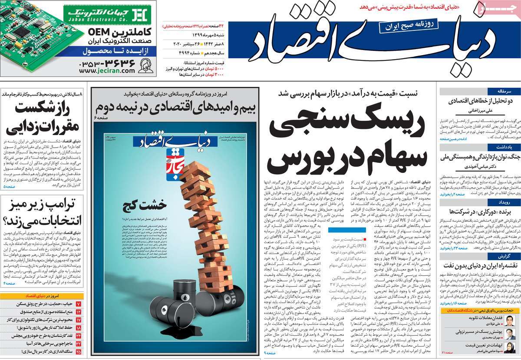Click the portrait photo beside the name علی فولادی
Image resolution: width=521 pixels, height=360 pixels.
[511, 320]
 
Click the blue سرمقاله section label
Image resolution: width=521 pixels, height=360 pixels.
[498, 91]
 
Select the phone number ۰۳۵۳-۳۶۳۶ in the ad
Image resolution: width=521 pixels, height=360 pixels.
[108, 63]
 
